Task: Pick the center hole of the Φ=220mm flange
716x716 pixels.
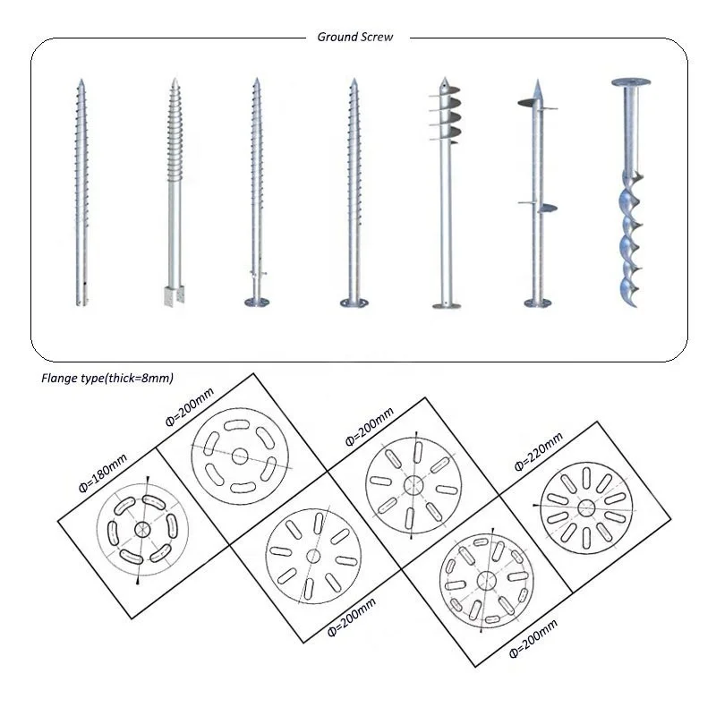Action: point(586,508)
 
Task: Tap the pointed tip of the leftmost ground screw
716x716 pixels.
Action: point(81,82)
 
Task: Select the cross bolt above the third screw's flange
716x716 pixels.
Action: point(257,272)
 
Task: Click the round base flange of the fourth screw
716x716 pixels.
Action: point(354,303)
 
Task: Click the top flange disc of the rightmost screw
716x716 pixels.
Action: point(631,82)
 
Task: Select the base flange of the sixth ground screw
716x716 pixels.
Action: point(537,303)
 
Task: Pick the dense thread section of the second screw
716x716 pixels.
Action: point(174,134)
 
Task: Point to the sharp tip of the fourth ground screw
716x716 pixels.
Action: point(353,83)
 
